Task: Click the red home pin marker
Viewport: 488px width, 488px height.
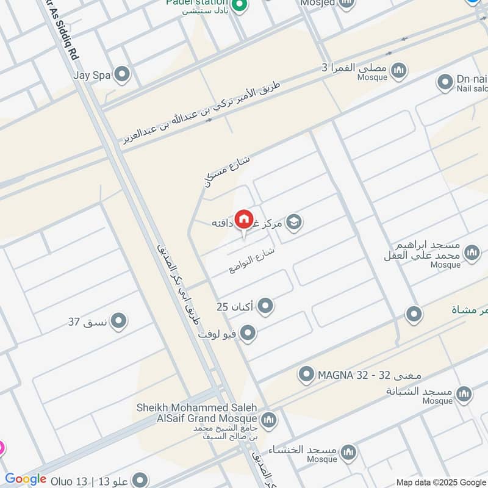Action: (243, 219)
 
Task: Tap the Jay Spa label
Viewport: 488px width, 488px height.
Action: (91, 76)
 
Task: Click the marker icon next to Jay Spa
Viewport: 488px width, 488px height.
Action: (123, 75)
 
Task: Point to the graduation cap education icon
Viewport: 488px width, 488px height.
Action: (294, 223)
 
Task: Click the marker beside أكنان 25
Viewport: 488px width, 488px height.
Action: (265, 306)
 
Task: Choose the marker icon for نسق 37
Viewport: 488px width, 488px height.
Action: (118, 320)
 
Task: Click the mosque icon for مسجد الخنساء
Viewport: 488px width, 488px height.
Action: (349, 452)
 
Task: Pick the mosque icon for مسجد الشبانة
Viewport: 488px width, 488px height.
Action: (464, 393)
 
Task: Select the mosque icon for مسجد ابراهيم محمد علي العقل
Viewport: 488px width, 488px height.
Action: (472, 253)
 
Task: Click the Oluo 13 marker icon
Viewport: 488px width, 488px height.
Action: (140, 480)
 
